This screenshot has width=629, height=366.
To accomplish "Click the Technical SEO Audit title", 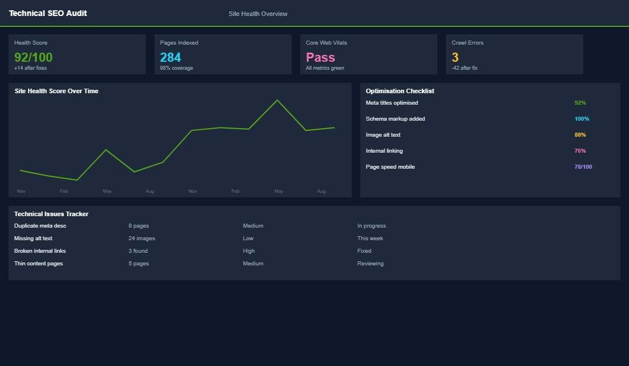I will (x=48, y=13).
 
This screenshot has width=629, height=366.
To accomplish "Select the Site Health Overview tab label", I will (x=258, y=14).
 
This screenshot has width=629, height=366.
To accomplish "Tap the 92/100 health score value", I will (x=33, y=57).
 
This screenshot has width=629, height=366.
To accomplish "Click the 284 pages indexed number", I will (x=170, y=57).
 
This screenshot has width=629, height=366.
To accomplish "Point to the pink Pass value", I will (x=320, y=57).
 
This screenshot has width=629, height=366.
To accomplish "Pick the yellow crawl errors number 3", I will (x=455, y=57).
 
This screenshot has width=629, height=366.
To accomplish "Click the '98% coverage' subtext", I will (x=176, y=68).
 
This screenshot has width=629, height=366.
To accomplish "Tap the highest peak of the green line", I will (x=277, y=100).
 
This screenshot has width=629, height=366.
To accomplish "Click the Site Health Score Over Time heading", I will (x=56, y=91).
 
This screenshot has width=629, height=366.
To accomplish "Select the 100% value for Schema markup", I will (x=582, y=119).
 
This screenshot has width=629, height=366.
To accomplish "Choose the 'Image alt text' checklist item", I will (x=383, y=135).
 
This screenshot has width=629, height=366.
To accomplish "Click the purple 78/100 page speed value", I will (x=583, y=167).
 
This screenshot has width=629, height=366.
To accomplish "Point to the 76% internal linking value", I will (x=580, y=151).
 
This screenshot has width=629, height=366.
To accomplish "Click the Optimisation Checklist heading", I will (x=400, y=91).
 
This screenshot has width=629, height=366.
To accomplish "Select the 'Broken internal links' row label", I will (x=40, y=251).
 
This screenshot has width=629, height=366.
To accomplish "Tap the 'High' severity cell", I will (x=249, y=251).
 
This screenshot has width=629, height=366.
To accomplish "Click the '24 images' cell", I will (x=141, y=238).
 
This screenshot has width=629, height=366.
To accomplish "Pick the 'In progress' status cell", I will (x=371, y=226).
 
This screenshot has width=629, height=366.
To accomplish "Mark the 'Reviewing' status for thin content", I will (x=370, y=264).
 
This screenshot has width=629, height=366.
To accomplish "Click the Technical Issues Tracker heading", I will (x=51, y=214).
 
